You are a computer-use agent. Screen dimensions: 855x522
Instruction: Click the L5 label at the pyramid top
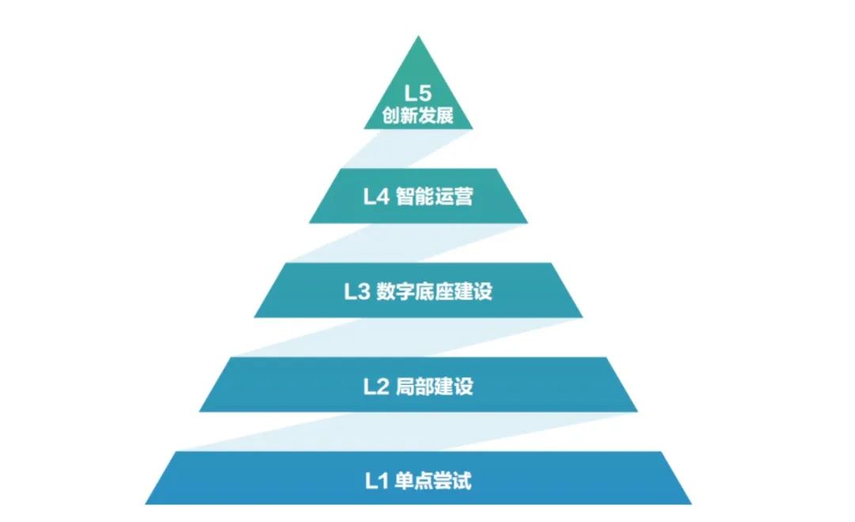[418, 93]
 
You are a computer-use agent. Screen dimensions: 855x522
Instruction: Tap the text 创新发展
[418, 116]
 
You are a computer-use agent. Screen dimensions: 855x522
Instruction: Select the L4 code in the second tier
[376, 196]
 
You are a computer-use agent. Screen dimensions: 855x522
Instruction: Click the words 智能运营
[434, 196]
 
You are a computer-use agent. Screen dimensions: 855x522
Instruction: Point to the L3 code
[357, 291]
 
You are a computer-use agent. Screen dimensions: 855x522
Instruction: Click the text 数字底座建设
[435, 291]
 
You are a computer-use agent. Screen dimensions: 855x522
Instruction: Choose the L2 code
[376, 387]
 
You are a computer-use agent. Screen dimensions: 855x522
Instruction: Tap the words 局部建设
[434, 387]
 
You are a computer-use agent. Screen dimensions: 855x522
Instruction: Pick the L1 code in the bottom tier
[376, 481]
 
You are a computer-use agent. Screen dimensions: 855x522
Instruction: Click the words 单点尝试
[433, 481]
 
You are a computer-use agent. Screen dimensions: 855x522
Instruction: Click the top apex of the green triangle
[418, 36]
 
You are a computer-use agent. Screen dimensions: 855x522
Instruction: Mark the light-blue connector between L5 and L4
[408, 149]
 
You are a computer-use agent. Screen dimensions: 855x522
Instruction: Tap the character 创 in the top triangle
[391, 116]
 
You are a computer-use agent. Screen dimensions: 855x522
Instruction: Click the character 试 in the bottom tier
[462, 481]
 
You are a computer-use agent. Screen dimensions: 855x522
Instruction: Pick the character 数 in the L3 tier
[386, 291]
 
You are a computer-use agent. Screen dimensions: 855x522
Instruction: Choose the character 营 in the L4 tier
[463, 196]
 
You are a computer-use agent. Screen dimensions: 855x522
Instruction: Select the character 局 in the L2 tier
[405, 387]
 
